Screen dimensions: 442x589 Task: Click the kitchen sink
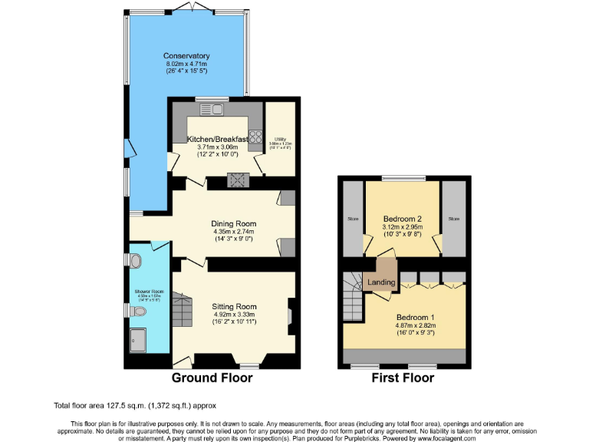tap(212, 109)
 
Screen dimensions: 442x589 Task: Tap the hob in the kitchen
tap(239, 180)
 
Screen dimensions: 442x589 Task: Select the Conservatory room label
tap(186, 56)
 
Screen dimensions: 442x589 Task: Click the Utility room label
tap(280, 139)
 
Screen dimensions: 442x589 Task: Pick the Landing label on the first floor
tap(381, 282)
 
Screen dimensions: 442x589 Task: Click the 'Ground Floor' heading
tap(212, 378)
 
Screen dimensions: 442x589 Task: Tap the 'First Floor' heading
tap(403, 378)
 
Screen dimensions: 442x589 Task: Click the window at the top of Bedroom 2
tap(403, 179)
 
